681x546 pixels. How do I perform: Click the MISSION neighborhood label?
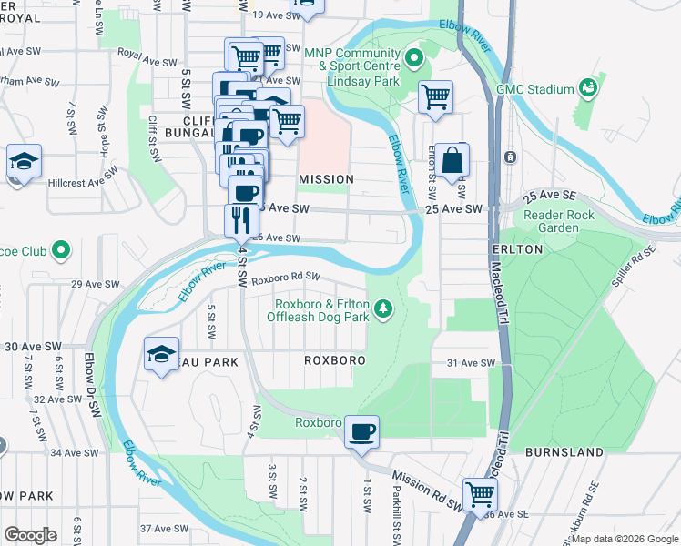tap(325, 179)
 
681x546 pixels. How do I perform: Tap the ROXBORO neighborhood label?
tap(334, 360)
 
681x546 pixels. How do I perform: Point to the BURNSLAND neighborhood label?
tap(564, 451)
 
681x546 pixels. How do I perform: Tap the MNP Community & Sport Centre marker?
tap(416, 60)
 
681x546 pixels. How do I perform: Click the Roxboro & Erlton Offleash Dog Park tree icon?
tap(384, 309)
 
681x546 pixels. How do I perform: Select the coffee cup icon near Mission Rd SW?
tap(362, 432)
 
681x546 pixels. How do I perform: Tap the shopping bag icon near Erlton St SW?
tap(452, 161)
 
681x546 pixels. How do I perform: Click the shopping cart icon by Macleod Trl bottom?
tap(480, 495)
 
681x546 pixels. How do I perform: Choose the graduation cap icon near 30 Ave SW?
tap(161, 353)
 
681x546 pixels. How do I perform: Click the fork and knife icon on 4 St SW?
tap(241, 221)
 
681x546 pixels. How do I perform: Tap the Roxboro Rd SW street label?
tap(287, 278)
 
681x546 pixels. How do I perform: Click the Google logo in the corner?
tap(30, 534)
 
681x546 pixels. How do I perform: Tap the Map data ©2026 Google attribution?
tap(624, 539)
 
